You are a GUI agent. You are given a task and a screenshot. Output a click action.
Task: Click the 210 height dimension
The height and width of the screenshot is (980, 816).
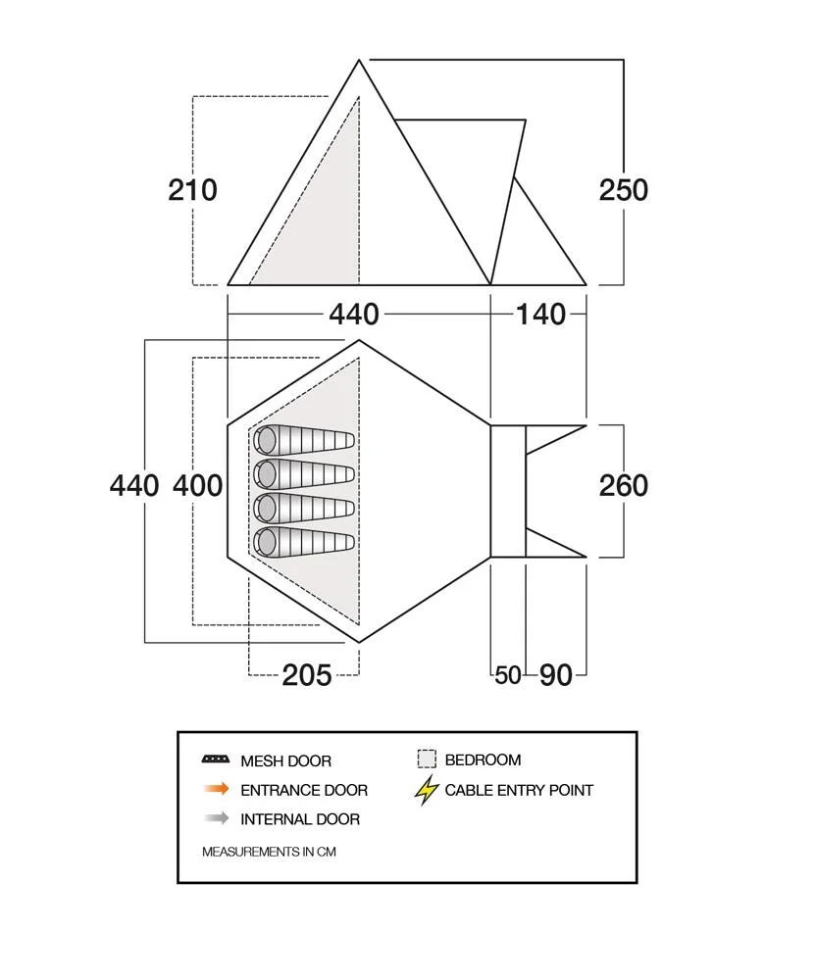[x=192, y=189]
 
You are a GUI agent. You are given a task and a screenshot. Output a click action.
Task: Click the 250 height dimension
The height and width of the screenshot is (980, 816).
[x=624, y=189]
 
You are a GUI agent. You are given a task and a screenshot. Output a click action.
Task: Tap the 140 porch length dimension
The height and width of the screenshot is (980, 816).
[x=540, y=314]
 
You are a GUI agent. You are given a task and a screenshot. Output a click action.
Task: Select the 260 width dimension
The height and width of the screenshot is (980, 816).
[x=624, y=485]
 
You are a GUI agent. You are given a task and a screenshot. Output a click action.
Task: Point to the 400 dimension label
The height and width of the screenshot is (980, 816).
[x=197, y=485]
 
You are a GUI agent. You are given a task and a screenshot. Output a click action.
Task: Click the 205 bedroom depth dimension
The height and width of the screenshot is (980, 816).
[x=306, y=674]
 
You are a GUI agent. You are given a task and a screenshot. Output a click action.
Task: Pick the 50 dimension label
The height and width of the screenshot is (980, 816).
[x=508, y=675]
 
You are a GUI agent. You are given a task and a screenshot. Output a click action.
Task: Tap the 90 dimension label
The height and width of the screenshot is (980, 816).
[x=556, y=675]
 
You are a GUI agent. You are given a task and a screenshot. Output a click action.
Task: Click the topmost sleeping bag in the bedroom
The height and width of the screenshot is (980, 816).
[x=304, y=441]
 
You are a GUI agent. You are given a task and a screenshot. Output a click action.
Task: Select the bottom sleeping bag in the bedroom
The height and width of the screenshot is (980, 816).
[x=304, y=541]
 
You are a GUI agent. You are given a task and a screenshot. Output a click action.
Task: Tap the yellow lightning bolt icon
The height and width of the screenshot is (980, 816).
[x=426, y=790]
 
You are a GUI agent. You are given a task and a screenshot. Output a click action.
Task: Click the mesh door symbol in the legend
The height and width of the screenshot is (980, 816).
[x=215, y=760]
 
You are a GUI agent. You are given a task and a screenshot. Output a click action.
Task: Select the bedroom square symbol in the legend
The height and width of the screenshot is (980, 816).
[x=426, y=759]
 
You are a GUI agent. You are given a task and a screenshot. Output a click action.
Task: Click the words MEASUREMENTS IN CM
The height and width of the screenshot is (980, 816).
[x=269, y=852]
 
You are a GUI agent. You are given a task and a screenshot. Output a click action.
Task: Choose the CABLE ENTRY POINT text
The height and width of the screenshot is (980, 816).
[x=519, y=790]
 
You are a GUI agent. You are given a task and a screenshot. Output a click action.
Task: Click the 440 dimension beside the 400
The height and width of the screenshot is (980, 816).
[x=134, y=485]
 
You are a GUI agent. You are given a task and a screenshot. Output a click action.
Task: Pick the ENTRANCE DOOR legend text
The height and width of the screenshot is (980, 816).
[x=304, y=790]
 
